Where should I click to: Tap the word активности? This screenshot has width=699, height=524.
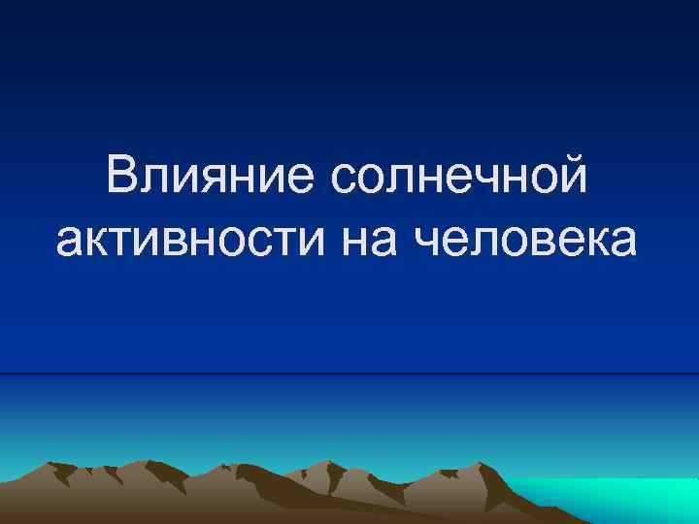point(195,240)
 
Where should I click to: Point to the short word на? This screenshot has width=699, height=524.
point(374,240)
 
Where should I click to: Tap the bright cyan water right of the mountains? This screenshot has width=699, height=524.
point(621,500)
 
